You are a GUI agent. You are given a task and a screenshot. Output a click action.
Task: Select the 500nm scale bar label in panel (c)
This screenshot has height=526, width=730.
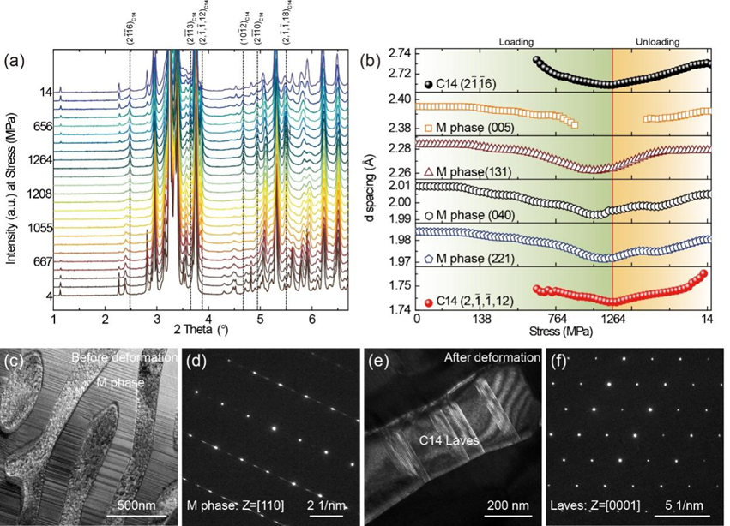coord(135,495)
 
